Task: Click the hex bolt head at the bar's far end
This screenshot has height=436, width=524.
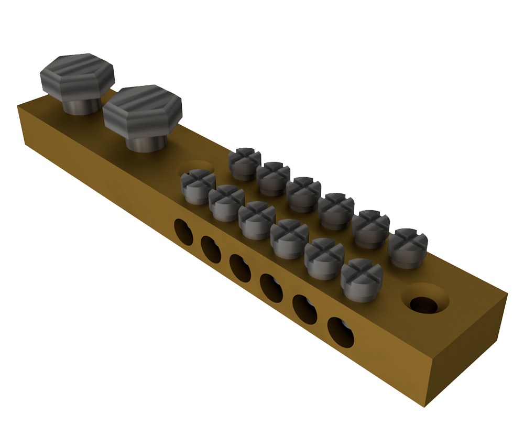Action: click(x=77, y=76)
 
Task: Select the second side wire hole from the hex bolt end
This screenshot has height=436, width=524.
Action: click(x=211, y=249)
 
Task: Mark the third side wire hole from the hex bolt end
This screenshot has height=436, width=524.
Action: click(x=240, y=268)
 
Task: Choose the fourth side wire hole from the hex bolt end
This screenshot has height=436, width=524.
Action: click(x=272, y=288)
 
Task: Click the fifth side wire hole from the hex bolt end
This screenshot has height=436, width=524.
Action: click(x=305, y=309)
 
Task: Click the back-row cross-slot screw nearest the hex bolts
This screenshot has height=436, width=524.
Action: click(x=244, y=163)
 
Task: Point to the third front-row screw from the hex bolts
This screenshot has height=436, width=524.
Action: click(x=257, y=219)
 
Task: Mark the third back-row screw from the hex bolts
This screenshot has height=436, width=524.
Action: click(x=304, y=194)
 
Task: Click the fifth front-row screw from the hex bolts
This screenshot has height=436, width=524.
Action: click(x=324, y=257)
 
